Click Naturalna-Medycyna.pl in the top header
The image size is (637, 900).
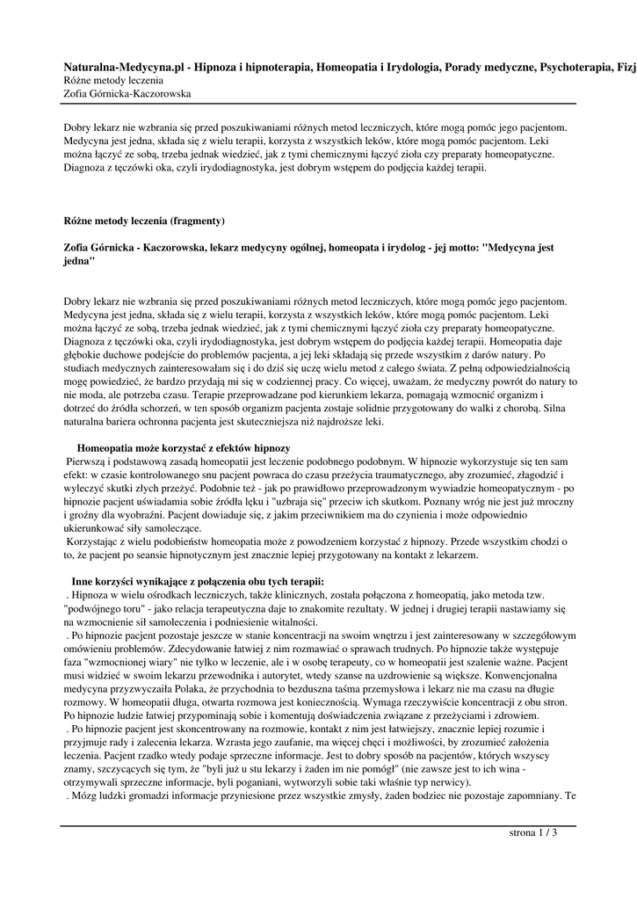click(122, 66)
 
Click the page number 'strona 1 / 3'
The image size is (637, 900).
click(533, 832)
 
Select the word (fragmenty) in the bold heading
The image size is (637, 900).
click(198, 220)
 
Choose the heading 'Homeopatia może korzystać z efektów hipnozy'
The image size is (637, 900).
click(184, 448)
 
